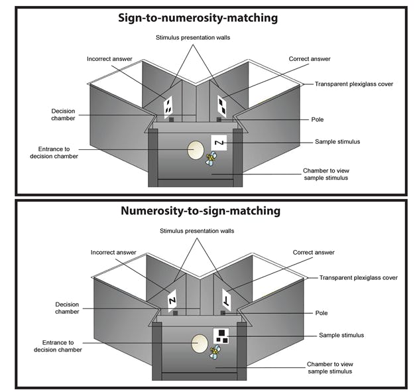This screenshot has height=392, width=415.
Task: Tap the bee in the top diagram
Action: click(x=211, y=159)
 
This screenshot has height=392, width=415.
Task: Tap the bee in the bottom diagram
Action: click(x=215, y=352)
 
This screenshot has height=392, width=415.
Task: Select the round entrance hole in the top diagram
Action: click(x=195, y=149)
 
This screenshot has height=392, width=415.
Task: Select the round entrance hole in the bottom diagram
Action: click(x=200, y=343)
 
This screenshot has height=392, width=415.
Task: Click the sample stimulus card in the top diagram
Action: click(x=219, y=142)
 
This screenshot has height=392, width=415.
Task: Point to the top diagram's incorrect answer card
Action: click(x=168, y=105)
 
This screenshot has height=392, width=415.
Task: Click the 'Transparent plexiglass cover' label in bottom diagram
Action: click(x=358, y=278)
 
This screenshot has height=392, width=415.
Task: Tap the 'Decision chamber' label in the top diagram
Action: click(x=63, y=114)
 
